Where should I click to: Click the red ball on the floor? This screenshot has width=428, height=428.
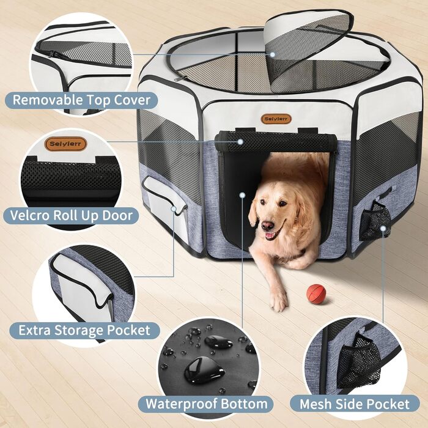[x=316, y=294]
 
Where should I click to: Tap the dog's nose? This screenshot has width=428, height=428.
[x=268, y=226]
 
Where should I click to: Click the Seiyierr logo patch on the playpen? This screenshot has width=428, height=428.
[x=276, y=119]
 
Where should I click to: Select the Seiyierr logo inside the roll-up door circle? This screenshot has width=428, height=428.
[x=66, y=144]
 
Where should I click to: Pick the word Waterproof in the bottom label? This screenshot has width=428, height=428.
[x=181, y=404]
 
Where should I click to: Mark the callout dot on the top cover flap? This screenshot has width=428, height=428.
[x=273, y=54]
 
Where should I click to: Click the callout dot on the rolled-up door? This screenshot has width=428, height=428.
[x=240, y=142]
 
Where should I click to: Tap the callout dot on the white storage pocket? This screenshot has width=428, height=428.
[x=174, y=209]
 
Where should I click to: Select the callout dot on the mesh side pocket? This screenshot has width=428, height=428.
[x=383, y=229]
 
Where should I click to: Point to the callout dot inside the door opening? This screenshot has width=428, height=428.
[x=242, y=195]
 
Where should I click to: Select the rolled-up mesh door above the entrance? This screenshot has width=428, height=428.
[x=276, y=142]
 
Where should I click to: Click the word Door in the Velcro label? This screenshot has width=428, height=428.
[x=117, y=215]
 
